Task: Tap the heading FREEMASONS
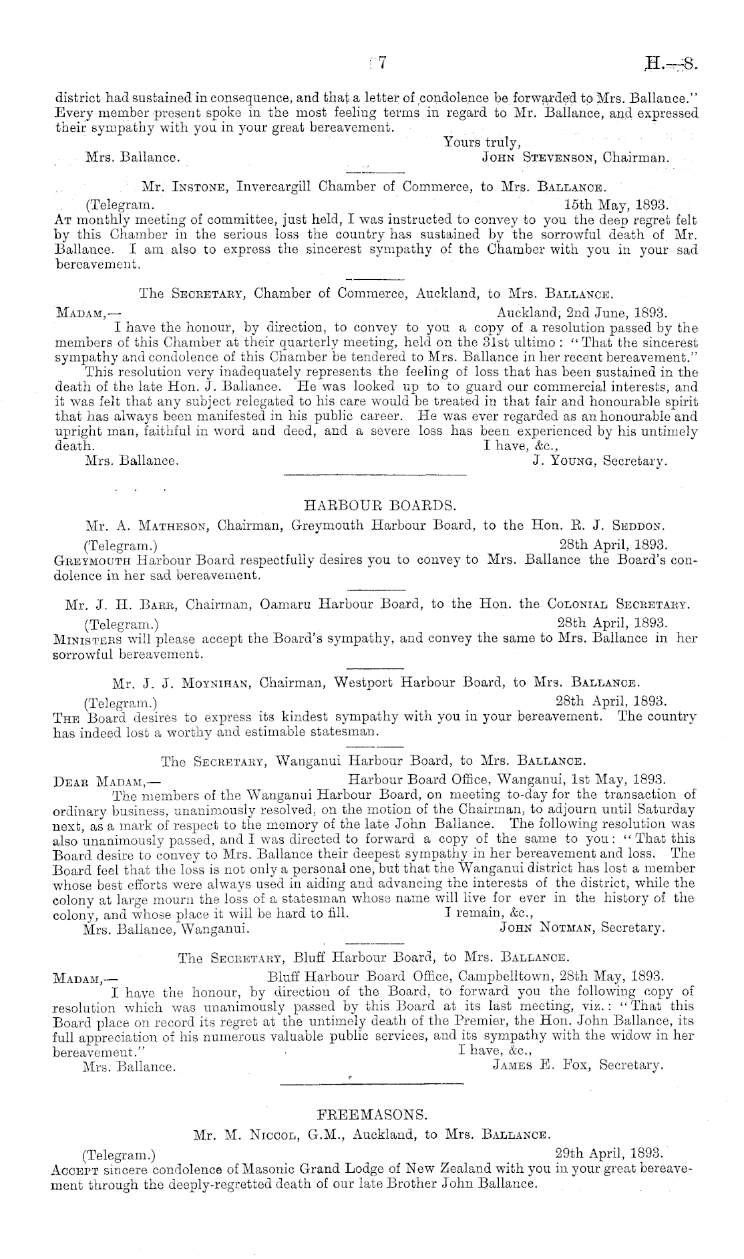click(372, 1114)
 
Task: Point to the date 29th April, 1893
click(609, 1153)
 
